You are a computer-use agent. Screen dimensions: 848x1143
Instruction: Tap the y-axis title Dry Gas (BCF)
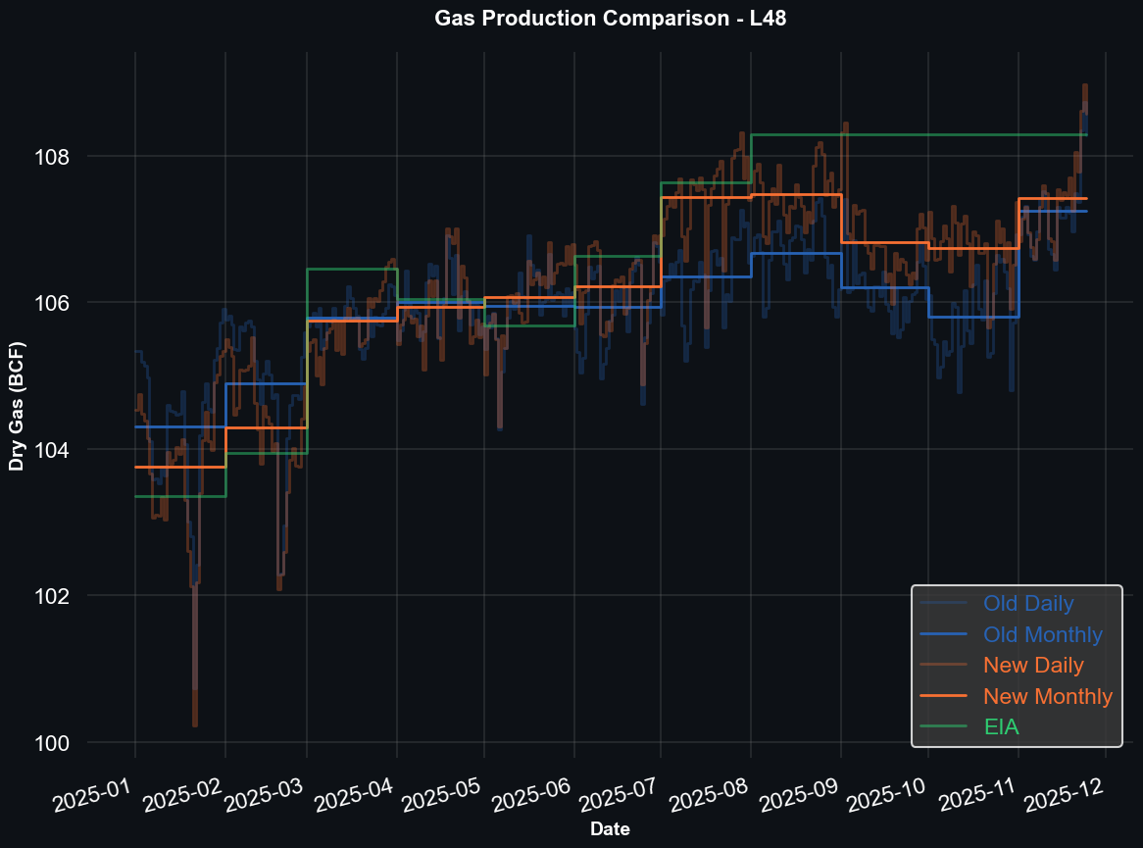(17, 406)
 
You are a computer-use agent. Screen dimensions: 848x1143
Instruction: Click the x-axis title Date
(610, 829)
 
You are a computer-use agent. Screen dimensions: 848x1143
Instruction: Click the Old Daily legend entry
(1028, 604)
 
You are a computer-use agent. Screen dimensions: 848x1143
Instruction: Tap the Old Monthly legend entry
(1043, 635)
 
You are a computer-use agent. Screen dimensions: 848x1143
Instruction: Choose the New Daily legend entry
(1033, 666)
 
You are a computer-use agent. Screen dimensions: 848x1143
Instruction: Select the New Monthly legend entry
(1048, 697)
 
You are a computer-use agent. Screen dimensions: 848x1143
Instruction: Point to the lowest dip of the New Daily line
(195, 723)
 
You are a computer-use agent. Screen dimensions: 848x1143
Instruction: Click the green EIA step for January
(180, 497)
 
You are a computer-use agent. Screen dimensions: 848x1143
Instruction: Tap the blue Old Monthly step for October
(972, 317)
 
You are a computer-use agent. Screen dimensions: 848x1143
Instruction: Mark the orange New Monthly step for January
(180, 468)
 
